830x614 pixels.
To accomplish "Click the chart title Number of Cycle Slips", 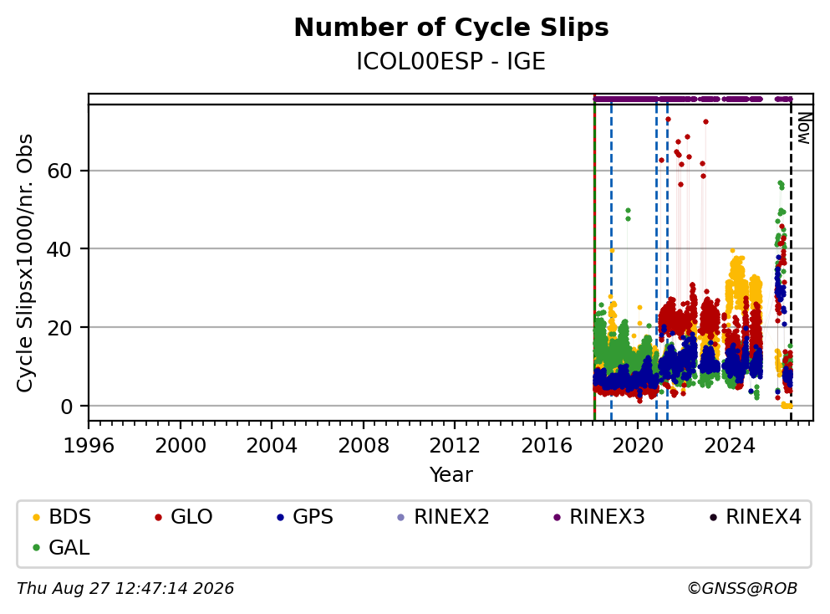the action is tap(451, 28).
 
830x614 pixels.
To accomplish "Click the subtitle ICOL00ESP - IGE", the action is tap(451, 62).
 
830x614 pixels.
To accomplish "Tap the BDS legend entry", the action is tap(62, 516).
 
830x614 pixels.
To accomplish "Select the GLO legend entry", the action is tap(184, 516).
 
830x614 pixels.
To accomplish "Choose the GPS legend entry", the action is tap(305, 516).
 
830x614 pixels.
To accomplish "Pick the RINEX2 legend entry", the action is tap(444, 516).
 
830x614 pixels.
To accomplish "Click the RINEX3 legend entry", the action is tap(599, 516).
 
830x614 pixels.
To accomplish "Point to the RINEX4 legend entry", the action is tap(756, 516).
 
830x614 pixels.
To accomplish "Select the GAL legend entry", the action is tap(61, 547).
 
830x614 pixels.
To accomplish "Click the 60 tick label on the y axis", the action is tap(60, 171).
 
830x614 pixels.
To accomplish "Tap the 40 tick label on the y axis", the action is tap(60, 249).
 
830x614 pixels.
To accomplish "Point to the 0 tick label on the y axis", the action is tap(67, 407).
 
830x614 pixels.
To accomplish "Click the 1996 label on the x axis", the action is tap(89, 446).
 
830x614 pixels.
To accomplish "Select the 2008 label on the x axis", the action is tap(363, 446).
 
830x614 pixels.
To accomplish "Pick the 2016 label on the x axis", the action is tap(547, 446).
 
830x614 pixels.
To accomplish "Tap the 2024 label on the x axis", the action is tap(729, 446).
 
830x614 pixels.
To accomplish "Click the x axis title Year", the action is tap(451, 474).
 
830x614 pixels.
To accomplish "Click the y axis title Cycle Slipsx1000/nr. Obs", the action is tap(25, 264).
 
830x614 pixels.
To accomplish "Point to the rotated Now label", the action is tap(804, 128).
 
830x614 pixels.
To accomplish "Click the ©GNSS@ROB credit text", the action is tap(742, 588).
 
